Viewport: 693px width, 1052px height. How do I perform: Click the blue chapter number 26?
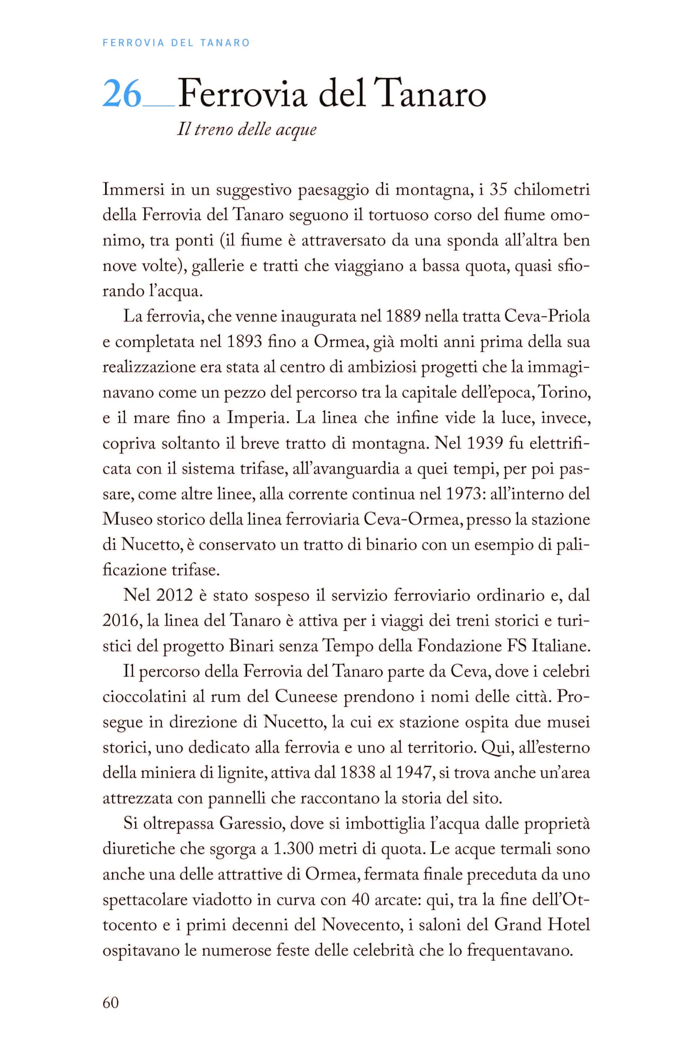pyautogui.click(x=122, y=94)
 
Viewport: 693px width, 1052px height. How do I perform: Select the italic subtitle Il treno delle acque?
pyautogui.click(x=247, y=129)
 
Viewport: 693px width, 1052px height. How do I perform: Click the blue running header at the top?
pyautogui.click(x=176, y=43)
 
